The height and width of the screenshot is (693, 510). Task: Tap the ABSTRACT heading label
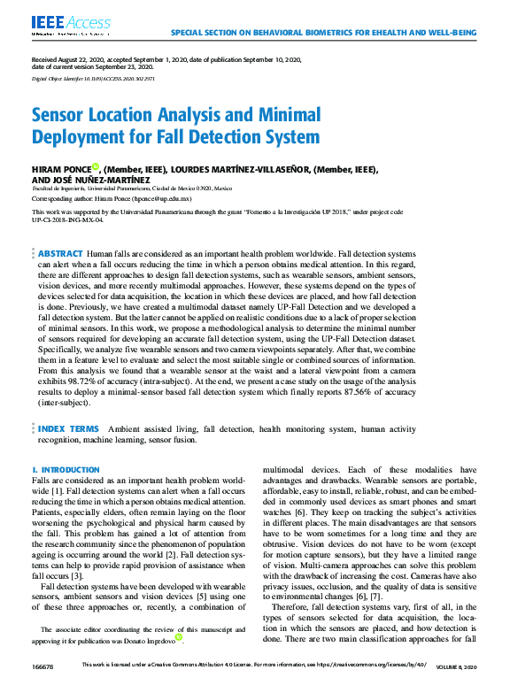pyautogui.click(x=61, y=228)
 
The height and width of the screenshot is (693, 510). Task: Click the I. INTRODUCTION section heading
pyautogui.click(x=66, y=469)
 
